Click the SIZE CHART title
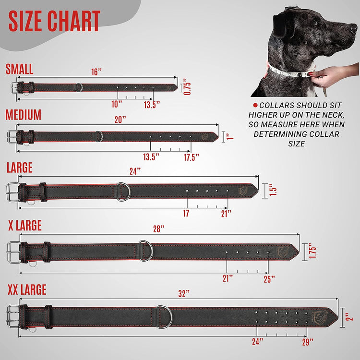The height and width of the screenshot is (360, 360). pos(54,21)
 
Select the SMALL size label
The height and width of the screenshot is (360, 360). pos(19,69)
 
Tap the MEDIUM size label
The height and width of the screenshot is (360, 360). pos(24,115)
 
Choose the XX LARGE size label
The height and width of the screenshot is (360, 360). pos(26,290)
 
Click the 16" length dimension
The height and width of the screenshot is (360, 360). pos(96,72)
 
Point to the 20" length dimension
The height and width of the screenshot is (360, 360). pos(120,120)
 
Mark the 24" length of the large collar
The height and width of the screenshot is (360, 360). pos(135,170)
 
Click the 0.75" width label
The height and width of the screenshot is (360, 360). pos(188,87)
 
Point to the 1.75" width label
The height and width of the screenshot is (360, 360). pos(312,251)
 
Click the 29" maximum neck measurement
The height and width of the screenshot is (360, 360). pos(308,342)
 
